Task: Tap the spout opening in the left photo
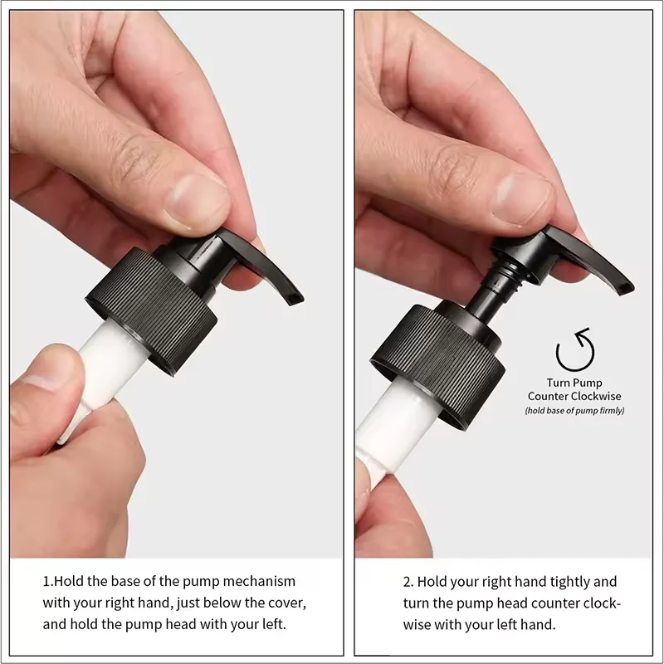[x=295, y=298]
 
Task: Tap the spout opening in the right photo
[x=625, y=289]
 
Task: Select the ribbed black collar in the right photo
[x=438, y=365]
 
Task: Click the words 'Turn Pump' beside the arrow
[x=574, y=383]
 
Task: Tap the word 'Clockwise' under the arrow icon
[x=596, y=397]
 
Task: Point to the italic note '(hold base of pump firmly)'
[x=574, y=410]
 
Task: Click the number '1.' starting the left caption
[x=48, y=581]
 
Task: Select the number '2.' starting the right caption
[x=408, y=582]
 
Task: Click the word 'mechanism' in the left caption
[x=259, y=581]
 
